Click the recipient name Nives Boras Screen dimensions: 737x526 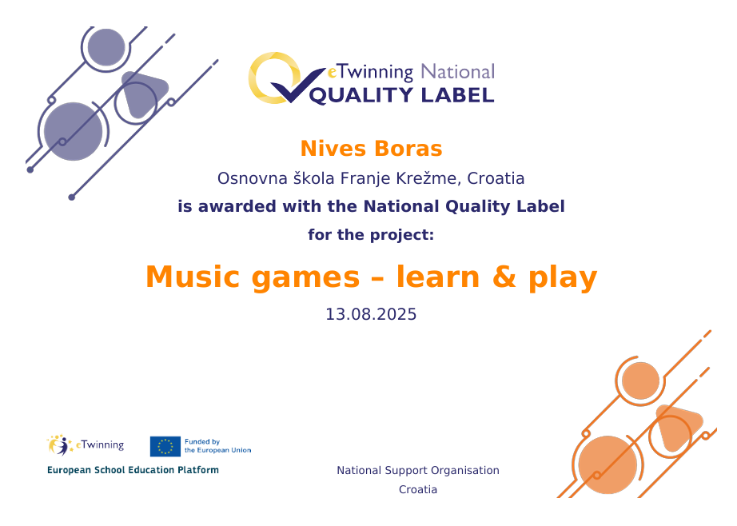[372, 149]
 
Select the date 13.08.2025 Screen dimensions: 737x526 [372, 314]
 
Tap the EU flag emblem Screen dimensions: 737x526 [165, 446]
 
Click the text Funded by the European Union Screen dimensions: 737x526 [217, 446]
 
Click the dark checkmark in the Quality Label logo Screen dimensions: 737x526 [297, 85]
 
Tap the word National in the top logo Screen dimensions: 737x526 [457, 72]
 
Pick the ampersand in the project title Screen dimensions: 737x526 [504, 277]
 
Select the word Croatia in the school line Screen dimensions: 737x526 [496, 178]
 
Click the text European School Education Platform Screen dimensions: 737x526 [133, 470]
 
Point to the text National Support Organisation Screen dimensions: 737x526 [418, 471]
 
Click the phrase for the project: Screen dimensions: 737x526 [371, 234]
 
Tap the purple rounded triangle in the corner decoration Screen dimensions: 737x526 [143, 94]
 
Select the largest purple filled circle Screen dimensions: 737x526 [74, 132]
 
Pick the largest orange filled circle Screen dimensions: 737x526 [608, 465]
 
